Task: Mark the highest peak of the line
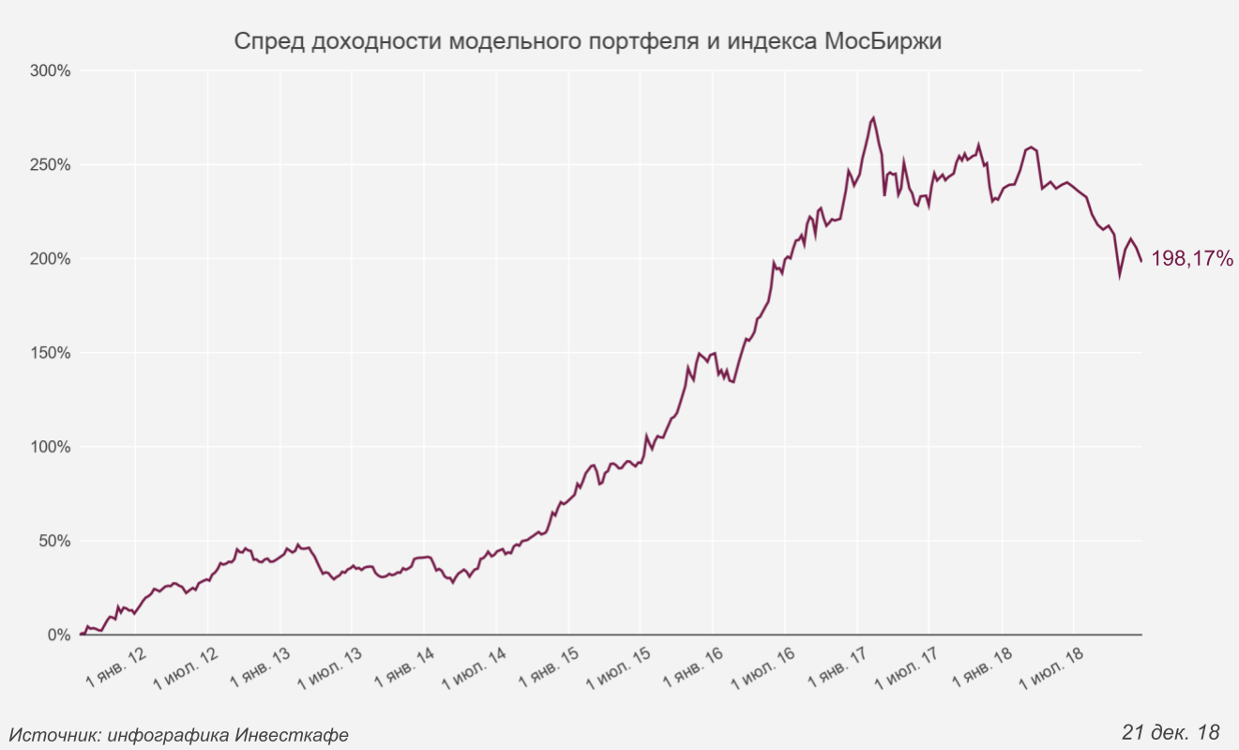click(x=873, y=118)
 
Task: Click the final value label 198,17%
click(x=1191, y=259)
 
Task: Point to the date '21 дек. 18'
click(x=1170, y=731)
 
